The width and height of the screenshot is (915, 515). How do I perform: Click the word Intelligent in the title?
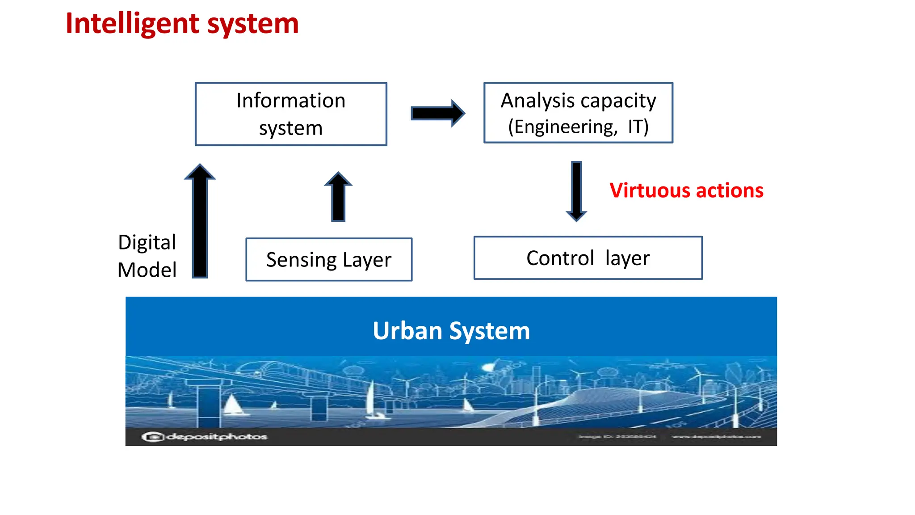coord(132,24)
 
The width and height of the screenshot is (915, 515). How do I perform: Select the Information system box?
coord(291,114)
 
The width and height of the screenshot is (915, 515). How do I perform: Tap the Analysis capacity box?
coord(578,113)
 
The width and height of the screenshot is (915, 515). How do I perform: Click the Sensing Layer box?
coord(329,260)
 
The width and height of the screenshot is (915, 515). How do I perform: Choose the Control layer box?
coord(588,258)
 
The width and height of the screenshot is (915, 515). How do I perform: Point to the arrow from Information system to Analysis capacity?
coord(437,113)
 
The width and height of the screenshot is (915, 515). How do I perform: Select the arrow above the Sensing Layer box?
coord(338,197)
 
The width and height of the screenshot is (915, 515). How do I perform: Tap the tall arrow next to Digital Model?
coord(200,221)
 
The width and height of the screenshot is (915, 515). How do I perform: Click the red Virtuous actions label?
coord(686,190)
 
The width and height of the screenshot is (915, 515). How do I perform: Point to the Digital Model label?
coord(147,256)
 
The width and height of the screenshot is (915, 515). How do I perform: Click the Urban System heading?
coord(451,331)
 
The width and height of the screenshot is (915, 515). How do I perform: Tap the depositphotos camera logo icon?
coord(152,437)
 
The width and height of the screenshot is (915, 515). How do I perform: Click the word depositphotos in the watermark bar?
coord(217,437)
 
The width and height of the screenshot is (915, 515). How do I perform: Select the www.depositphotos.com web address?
coord(716,437)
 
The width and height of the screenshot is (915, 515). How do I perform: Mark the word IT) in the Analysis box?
coord(638,127)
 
